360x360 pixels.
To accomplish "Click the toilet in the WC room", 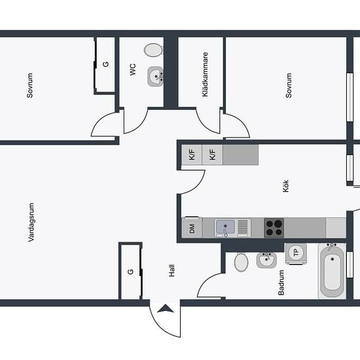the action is (153, 50).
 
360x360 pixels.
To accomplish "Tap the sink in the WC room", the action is (155, 76).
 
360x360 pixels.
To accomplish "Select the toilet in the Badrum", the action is (241, 262).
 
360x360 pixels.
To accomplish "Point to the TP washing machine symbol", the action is (296, 253).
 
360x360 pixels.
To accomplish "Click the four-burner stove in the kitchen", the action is (274, 227).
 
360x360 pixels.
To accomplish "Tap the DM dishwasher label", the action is (192, 228).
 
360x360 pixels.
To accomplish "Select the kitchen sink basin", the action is (226, 227).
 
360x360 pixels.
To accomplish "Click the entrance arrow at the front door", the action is (166, 308).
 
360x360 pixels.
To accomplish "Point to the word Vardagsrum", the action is (31, 223).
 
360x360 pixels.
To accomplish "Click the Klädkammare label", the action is (205, 75).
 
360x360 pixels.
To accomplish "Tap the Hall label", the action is (171, 270).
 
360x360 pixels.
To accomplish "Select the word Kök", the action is (285, 186).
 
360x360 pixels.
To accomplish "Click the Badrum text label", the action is (281, 282).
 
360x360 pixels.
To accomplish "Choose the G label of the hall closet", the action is (130, 272).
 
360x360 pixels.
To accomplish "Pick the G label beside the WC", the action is (105, 64).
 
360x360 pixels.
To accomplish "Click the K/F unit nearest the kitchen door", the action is (192, 154).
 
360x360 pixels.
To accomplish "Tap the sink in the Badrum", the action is (266, 260).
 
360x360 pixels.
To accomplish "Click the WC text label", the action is (133, 69).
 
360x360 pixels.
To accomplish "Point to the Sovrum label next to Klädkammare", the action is (289, 85).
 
